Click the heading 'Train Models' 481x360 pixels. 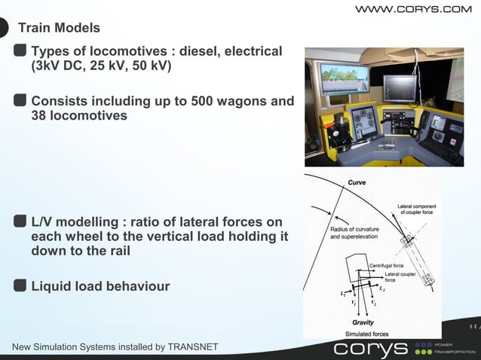pos(59,29)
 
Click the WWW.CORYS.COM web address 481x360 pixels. pos(413,9)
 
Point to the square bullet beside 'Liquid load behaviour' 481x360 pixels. pos(20,285)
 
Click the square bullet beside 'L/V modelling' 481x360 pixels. pos(20,221)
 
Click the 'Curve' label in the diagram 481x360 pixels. pos(357,182)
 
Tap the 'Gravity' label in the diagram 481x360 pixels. pos(363,322)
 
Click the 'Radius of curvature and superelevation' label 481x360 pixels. pos(354,233)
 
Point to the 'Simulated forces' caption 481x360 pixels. pos(366,333)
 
